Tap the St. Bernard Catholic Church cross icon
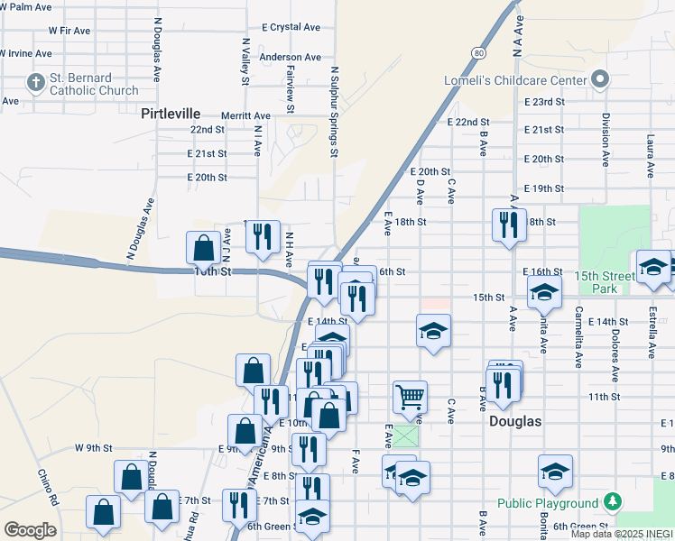point(36,84)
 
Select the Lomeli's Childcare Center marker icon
point(596,80)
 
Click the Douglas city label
point(515,421)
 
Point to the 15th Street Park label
point(598,281)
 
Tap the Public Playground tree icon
point(613,501)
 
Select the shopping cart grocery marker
point(410,396)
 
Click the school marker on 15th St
point(544,291)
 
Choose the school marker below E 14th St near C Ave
point(433,331)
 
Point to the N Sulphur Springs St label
point(334,112)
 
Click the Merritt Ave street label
point(248,115)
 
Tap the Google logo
point(30,530)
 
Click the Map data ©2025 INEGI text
point(622,535)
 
